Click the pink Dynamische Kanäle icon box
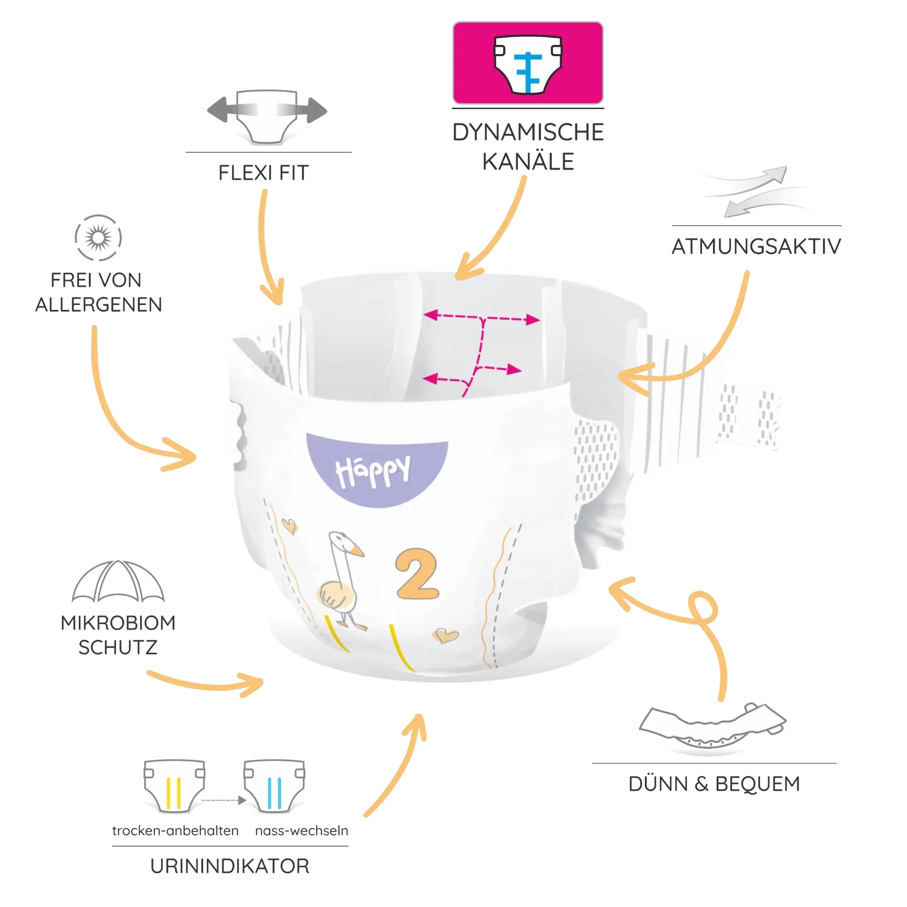(x=528, y=63)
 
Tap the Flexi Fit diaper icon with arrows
(x=267, y=117)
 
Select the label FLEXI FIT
(x=263, y=173)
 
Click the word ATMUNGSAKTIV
(x=756, y=246)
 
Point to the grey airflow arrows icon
(x=756, y=191)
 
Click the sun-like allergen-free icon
(x=98, y=238)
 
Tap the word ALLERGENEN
(x=98, y=305)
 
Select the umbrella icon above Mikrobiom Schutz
(x=118, y=581)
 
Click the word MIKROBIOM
(x=118, y=623)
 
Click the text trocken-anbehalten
(x=175, y=830)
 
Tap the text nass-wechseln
(x=302, y=830)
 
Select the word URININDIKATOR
(x=230, y=866)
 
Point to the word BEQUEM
(x=757, y=785)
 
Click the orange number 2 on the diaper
(x=417, y=574)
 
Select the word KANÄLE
(x=528, y=162)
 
